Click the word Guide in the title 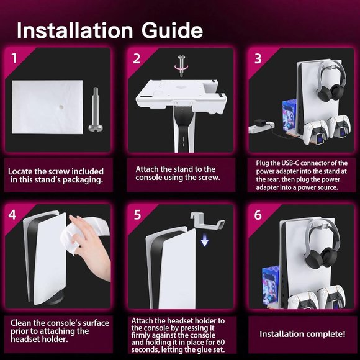[x=172, y=30]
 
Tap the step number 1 [x=14, y=58]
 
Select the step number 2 [x=137, y=58]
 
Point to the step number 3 [x=258, y=58]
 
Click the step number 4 [x=12, y=215]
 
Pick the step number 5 [x=137, y=215]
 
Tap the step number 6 [x=258, y=215]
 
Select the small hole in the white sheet [x=61, y=107]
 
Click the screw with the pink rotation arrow [x=182, y=66]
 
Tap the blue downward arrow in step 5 [x=205, y=242]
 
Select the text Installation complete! [x=302, y=334]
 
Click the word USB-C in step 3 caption [x=290, y=163]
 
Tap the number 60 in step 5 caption [x=220, y=342]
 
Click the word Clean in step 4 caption [x=20, y=323]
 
